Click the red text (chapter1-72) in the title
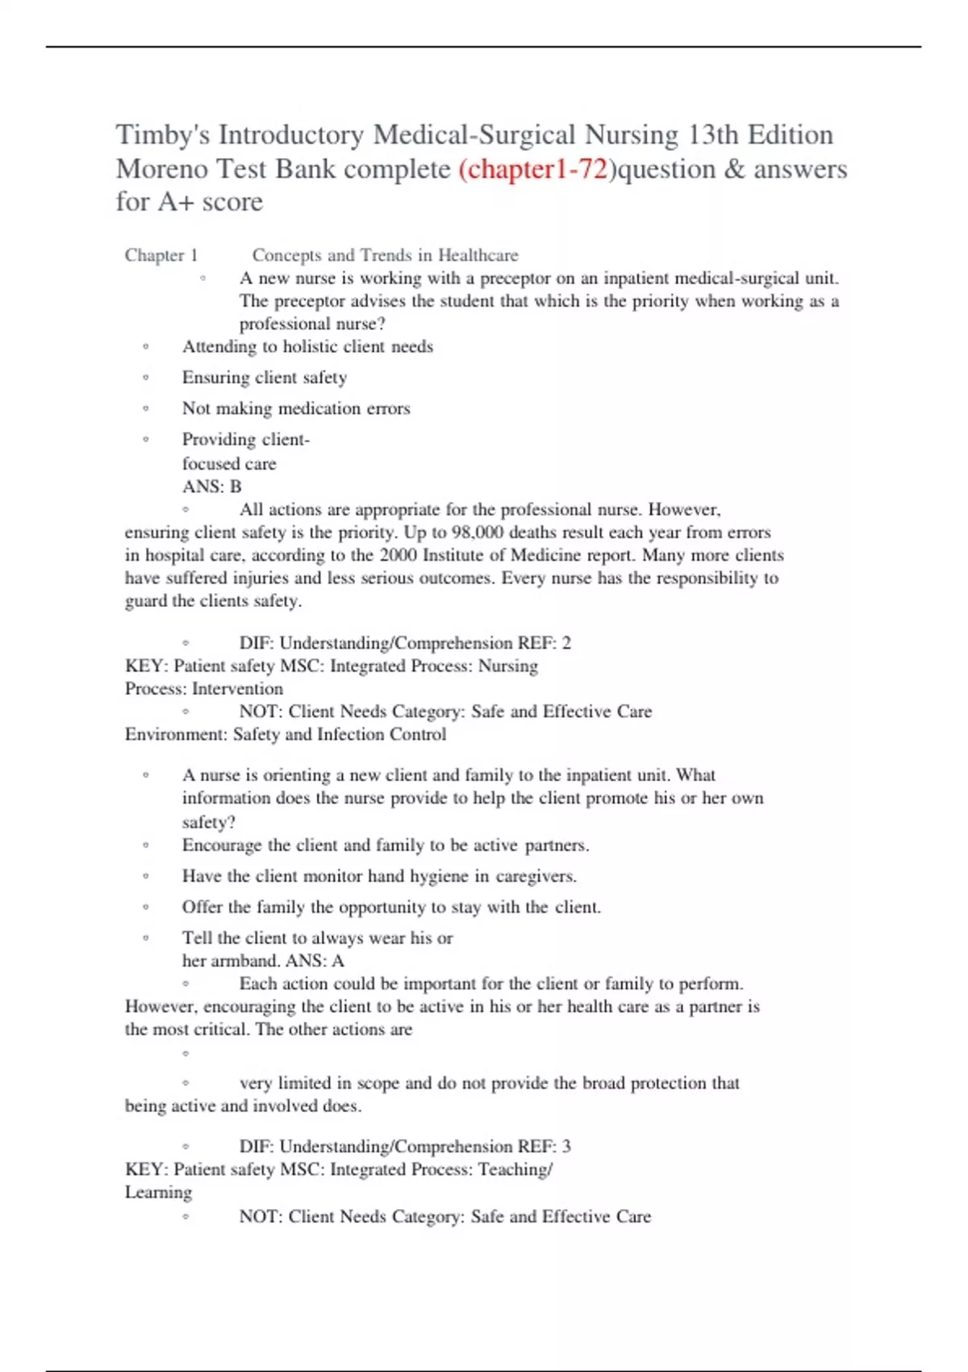tap(532, 169)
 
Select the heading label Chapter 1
tap(161, 256)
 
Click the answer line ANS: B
tap(211, 487)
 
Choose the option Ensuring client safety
tap(264, 378)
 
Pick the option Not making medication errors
tap(296, 408)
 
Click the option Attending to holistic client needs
tap(307, 347)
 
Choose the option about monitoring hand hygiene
tap(379, 876)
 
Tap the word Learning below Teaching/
tap(158, 1193)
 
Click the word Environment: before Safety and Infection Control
tap(176, 734)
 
